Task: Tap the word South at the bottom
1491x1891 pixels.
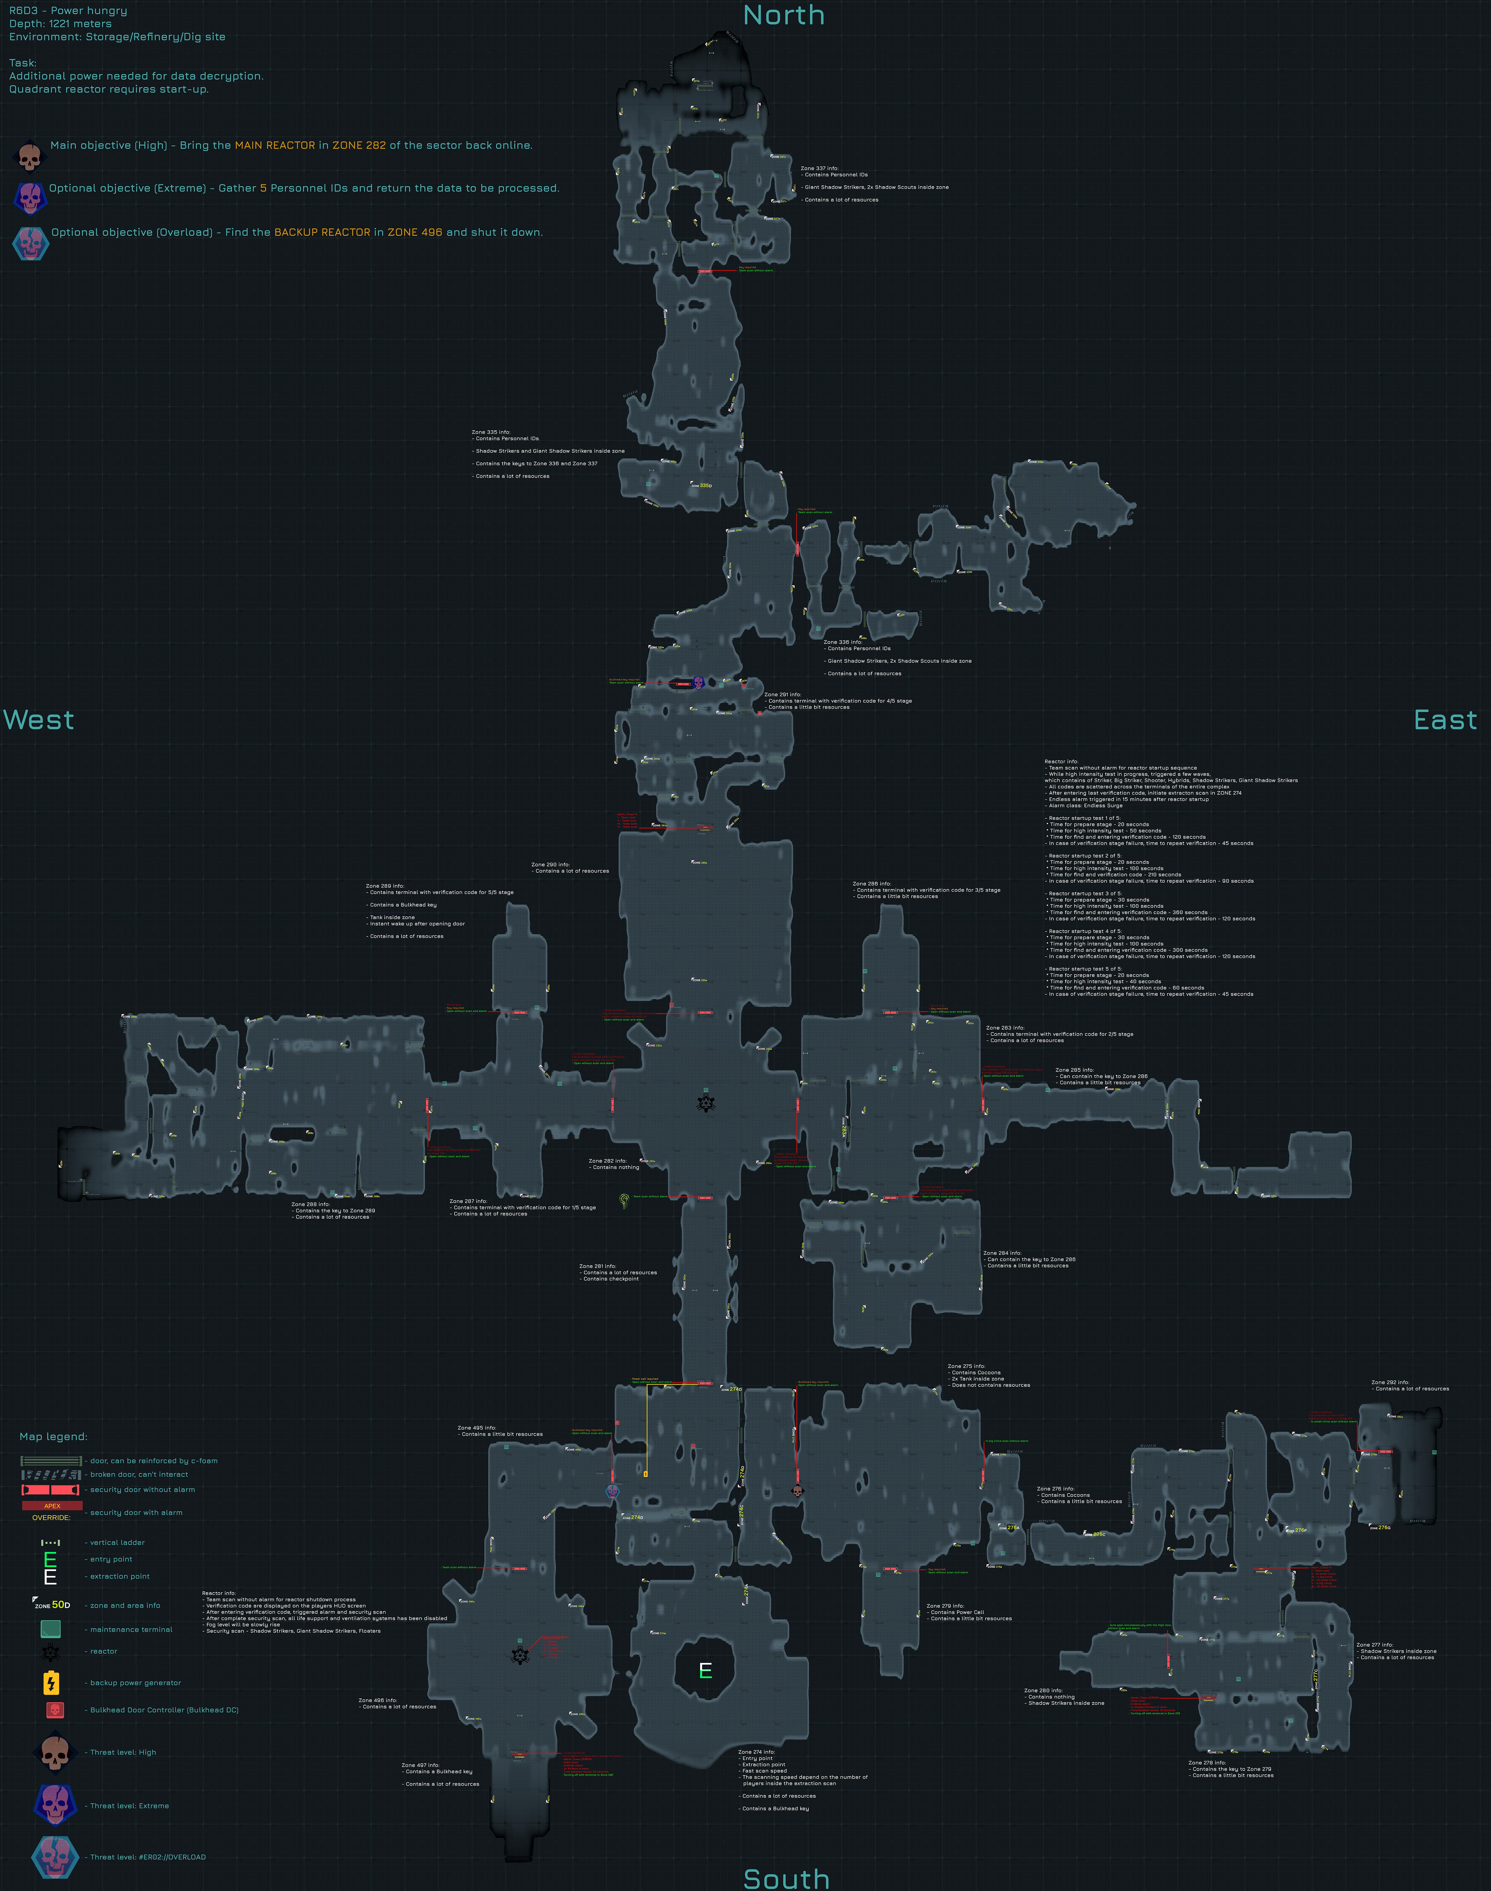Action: point(786,1878)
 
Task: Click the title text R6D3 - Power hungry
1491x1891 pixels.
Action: point(68,10)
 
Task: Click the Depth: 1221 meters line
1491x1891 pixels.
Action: point(60,24)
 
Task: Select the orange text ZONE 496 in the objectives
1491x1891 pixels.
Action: point(415,232)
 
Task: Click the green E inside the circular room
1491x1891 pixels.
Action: point(705,1670)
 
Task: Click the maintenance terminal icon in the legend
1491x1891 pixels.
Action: point(51,1628)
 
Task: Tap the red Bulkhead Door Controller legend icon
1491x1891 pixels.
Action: point(54,1709)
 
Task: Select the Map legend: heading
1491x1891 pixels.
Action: point(53,1436)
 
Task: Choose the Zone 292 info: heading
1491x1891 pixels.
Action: point(1390,1382)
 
